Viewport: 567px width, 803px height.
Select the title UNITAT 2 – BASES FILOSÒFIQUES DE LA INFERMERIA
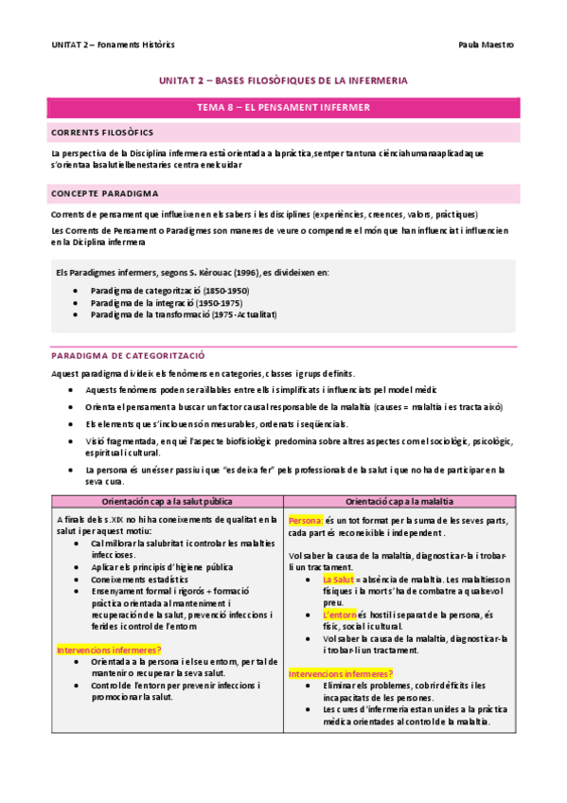[283, 83]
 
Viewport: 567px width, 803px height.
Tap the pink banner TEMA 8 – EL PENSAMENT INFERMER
[283, 108]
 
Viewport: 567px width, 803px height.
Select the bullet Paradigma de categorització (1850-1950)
[169, 290]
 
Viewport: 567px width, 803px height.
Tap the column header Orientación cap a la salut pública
[167, 500]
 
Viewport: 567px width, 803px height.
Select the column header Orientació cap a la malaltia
[399, 500]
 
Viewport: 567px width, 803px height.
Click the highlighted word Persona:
[306, 521]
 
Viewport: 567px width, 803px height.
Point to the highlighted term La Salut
[338, 580]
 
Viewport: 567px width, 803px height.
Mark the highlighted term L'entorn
[340, 614]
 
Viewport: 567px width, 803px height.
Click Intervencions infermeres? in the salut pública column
[108, 650]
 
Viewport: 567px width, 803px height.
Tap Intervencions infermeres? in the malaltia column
[341, 673]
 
